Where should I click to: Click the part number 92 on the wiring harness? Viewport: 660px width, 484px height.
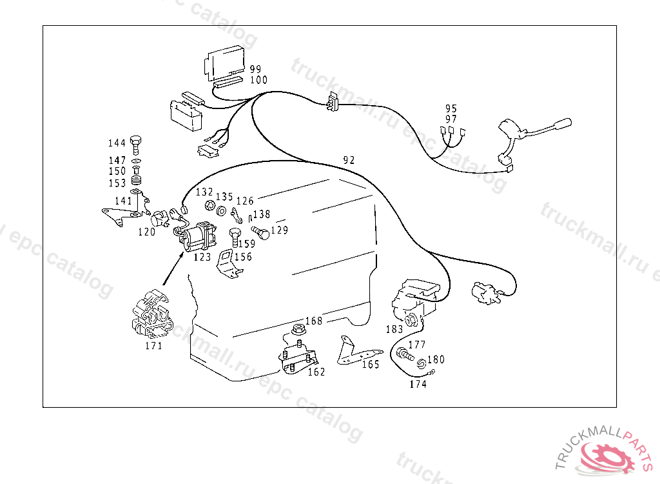click(x=349, y=160)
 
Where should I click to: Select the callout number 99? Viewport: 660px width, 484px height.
click(x=256, y=69)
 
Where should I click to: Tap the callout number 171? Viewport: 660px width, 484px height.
click(x=153, y=346)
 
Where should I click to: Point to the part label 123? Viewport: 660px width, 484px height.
click(x=202, y=257)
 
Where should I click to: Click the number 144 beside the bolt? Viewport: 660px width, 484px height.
click(x=117, y=143)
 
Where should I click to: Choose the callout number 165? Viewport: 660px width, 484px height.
click(x=371, y=365)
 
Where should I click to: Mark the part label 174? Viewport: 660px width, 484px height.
click(x=418, y=385)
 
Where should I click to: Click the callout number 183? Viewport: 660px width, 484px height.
click(x=394, y=328)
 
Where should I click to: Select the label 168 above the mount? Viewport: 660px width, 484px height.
click(x=314, y=321)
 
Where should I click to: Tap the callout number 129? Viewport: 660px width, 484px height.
click(x=279, y=230)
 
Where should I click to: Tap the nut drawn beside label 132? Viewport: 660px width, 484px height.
click(x=209, y=206)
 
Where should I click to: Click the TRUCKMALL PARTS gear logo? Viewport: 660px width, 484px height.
click(x=607, y=456)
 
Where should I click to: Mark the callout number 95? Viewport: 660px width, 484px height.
click(x=451, y=108)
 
